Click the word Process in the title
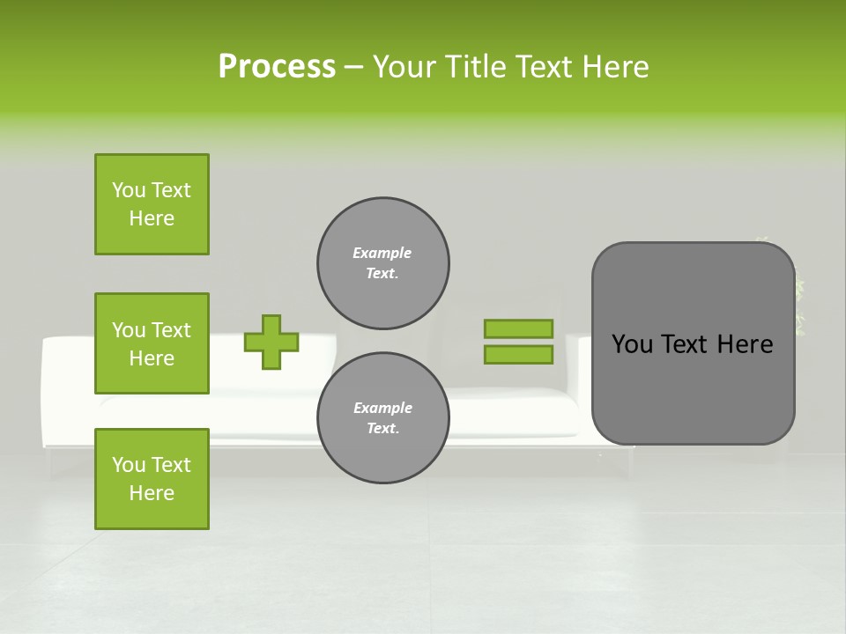(277, 66)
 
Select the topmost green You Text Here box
(152, 204)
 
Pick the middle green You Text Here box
(152, 343)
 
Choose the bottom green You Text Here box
(152, 478)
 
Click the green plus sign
(271, 342)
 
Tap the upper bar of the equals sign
(518, 328)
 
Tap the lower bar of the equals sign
(518, 354)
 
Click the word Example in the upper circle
(382, 253)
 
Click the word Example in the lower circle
(382, 408)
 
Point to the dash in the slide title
(353, 66)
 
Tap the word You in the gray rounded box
(632, 344)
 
